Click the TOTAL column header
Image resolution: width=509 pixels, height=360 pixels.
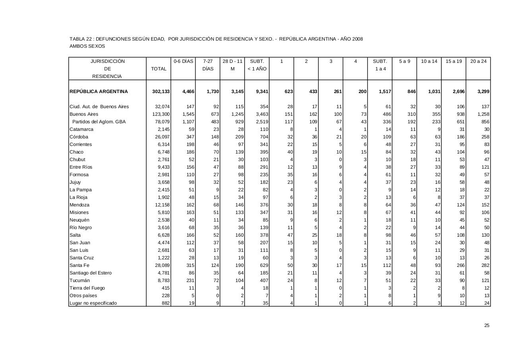point(159,69)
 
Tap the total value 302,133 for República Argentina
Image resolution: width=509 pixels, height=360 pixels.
point(161,91)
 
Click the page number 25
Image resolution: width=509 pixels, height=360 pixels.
point(487,325)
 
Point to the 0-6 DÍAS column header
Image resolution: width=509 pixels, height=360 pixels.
point(183,61)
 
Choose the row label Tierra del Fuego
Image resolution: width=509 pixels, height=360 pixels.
point(87,288)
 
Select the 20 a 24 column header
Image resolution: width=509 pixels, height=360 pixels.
point(478,61)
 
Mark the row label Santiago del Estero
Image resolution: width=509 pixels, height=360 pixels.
point(91,273)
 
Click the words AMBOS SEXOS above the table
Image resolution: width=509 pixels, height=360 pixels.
point(87,46)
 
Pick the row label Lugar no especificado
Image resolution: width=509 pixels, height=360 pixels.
point(93,303)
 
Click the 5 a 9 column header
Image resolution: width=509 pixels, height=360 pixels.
point(404,61)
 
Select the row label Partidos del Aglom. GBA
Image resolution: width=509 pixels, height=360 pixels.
point(99,122)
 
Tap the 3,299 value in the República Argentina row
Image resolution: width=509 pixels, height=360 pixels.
point(483,91)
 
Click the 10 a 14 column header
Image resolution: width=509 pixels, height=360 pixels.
point(429,61)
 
